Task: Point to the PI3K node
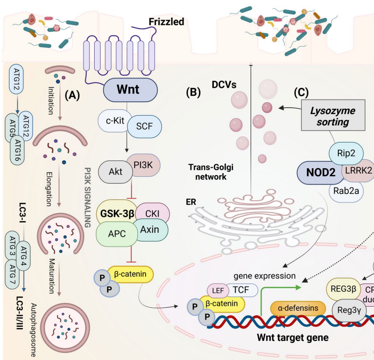point(142,167)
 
